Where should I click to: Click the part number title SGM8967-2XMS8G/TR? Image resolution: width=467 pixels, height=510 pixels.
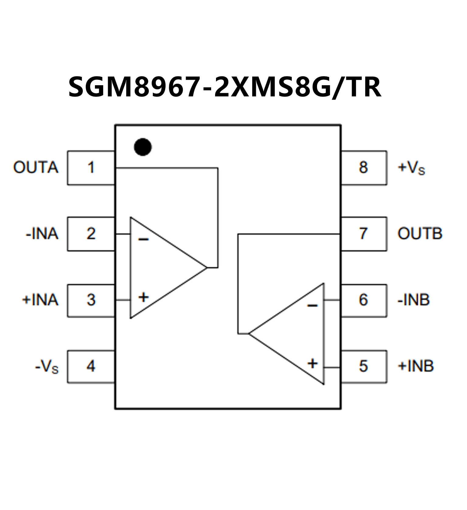coord(225,87)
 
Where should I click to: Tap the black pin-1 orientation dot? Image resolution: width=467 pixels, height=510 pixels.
coord(143,147)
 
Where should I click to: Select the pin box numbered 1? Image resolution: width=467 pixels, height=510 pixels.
coord(91,168)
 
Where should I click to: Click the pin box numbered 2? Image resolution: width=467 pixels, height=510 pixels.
coord(91,234)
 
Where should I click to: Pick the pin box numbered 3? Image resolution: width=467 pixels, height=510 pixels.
coord(91,301)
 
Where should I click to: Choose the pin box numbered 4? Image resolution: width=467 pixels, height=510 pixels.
coord(91,366)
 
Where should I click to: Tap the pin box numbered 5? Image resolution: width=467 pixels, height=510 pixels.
coord(364,366)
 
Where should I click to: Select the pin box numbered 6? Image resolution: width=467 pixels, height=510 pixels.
coord(364,300)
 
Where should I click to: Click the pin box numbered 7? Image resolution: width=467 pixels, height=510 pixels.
coord(364,234)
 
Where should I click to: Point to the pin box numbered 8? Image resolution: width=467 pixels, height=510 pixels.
coord(364,167)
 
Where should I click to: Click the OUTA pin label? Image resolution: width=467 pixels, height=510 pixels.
coord(36,167)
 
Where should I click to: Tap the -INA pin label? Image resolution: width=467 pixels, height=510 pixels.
coord(42,234)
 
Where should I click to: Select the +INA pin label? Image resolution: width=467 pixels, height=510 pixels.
coord(40,300)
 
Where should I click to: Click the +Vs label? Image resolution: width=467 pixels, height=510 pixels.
coord(411,168)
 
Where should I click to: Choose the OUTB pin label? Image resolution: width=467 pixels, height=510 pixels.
coord(420,234)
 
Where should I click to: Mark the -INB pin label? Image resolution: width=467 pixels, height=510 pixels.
coord(413,300)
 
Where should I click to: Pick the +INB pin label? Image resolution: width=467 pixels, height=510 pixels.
coord(416,366)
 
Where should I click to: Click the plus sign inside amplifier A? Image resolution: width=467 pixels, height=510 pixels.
coord(143,297)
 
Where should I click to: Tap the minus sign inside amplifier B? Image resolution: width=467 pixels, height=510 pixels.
coord(312,305)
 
